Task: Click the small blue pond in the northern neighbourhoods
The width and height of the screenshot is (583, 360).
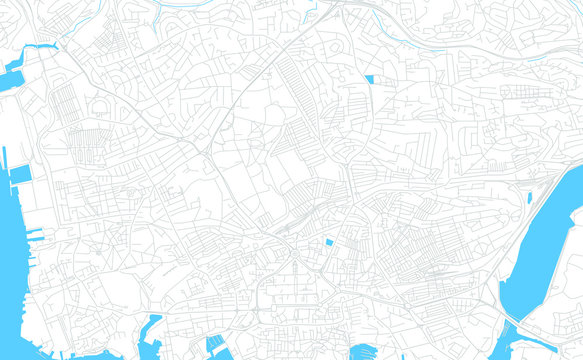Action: (x=369, y=79)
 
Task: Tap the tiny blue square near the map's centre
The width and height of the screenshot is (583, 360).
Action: (x=329, y=242)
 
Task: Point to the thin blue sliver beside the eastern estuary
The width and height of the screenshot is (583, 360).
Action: (x=530, y=197)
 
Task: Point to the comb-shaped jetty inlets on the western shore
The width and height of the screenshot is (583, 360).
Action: (x=32, y=236)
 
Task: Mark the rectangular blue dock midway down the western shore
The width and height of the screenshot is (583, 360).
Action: (x=18, y=175)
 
